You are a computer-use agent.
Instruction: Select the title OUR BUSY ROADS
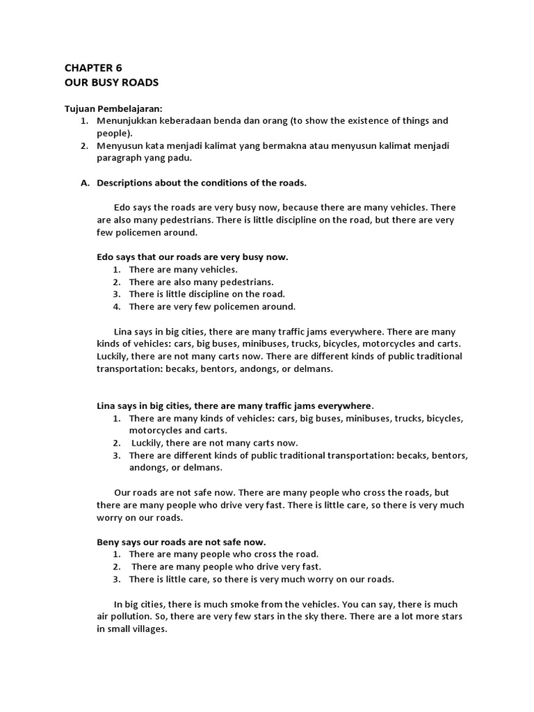[111, 83]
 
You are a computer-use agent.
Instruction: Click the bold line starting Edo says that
[192, 257]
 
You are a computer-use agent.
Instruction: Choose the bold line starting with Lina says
[235, 405]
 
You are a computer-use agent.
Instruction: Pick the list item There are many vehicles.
[182, 269]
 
